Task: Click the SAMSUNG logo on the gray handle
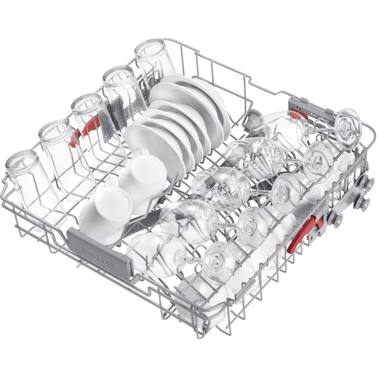point(97,257)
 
